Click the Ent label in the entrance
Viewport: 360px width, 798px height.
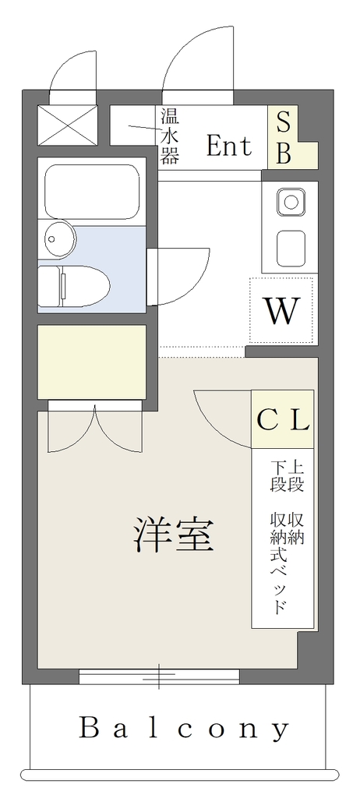[229, 146]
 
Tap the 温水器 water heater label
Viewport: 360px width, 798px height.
[170, 136]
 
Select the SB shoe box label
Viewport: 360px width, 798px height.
[284, 138]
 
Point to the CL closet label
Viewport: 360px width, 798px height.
[283, 419]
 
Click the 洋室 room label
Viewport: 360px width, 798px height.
[173, 535]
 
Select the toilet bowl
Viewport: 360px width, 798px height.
[74, 285]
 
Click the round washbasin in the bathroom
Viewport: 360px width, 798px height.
[59, 238]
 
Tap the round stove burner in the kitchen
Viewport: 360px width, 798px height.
[291, 202]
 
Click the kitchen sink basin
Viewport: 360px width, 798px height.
[291, 248]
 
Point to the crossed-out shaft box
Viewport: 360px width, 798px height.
[68, 125]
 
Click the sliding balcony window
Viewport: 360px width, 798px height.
[160, 676]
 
